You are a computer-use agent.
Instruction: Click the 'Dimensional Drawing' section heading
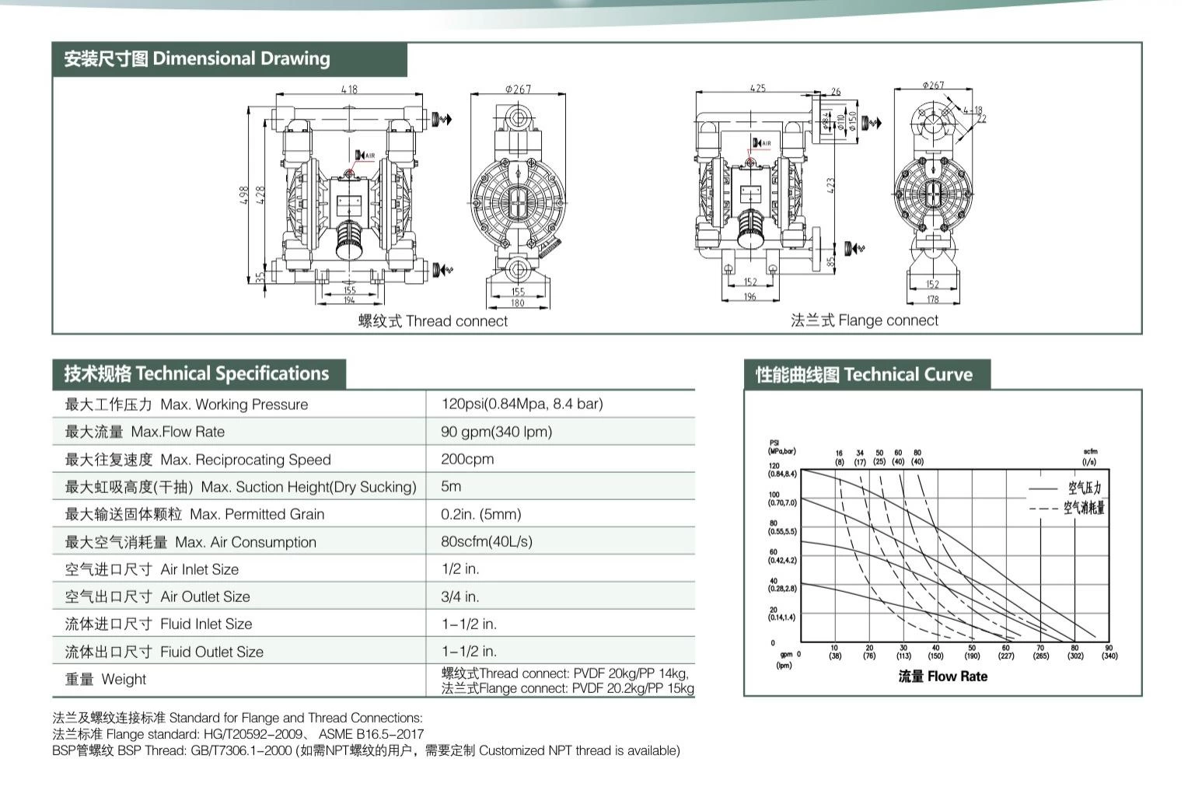(197, 59)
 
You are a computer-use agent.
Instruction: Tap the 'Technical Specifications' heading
(197, 374)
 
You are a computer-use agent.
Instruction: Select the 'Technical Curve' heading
(864, 375)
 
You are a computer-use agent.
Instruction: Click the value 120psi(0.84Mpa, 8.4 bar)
(522, 404)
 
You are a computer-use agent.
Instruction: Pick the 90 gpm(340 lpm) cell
(496, 432)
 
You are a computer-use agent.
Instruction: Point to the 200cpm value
(467, 459)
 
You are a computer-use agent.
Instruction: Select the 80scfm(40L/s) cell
(487, 541)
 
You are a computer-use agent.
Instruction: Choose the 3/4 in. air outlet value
(460, 596)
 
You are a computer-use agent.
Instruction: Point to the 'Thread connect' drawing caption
(432, 321)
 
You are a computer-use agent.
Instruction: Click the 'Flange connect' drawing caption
(864, 320)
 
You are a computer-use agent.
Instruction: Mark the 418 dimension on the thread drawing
(349, 89)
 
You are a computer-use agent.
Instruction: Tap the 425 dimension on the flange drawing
(757, 88)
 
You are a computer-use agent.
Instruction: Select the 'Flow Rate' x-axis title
(942, 677)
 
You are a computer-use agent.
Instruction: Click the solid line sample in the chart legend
(1043, 489)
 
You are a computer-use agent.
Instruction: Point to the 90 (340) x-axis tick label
(1109, 652)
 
